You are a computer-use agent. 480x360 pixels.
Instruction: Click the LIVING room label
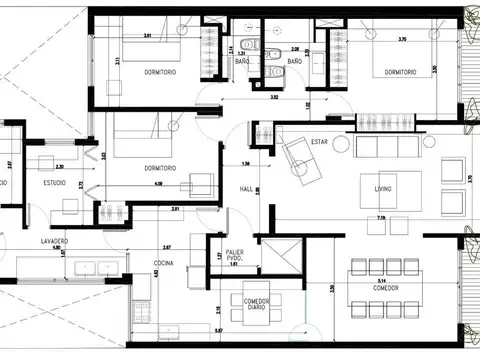click(x=384, y=188)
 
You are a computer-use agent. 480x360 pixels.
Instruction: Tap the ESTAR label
click(x=320, y=142)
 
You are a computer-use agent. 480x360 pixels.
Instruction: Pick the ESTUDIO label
click(x=54, y=183)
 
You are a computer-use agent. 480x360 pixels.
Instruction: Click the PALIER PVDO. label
click(x=235, y=256)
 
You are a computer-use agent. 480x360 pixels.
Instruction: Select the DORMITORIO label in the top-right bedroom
click(x=399, y=71)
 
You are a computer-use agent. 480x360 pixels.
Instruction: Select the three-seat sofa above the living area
click(x=387, y=148)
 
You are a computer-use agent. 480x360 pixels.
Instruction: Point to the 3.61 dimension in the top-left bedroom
click(x=148, y=36)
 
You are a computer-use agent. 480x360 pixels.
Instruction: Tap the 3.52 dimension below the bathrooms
click(x=274, y=97)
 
